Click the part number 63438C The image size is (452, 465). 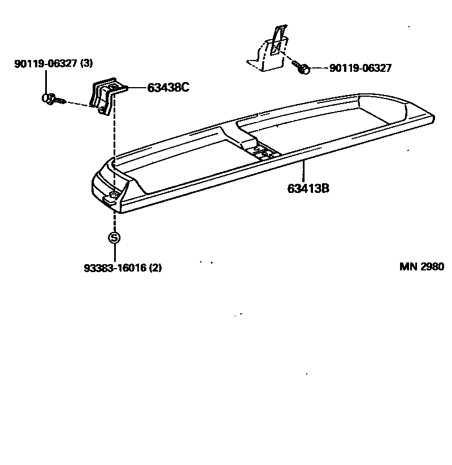(168, 88)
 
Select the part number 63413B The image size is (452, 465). (308, 189)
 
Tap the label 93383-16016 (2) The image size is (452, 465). (123, 268)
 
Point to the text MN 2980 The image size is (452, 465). (421, 267)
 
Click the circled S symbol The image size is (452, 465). (114, 238)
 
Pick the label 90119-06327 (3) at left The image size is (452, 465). (53, 64)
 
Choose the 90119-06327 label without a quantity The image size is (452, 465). (360, 68)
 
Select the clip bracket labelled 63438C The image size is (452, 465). (105, 94)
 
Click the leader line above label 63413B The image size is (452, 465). (303, 171)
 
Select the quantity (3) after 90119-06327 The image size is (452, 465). (86, 64)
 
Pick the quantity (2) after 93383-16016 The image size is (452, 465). (155, 268)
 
